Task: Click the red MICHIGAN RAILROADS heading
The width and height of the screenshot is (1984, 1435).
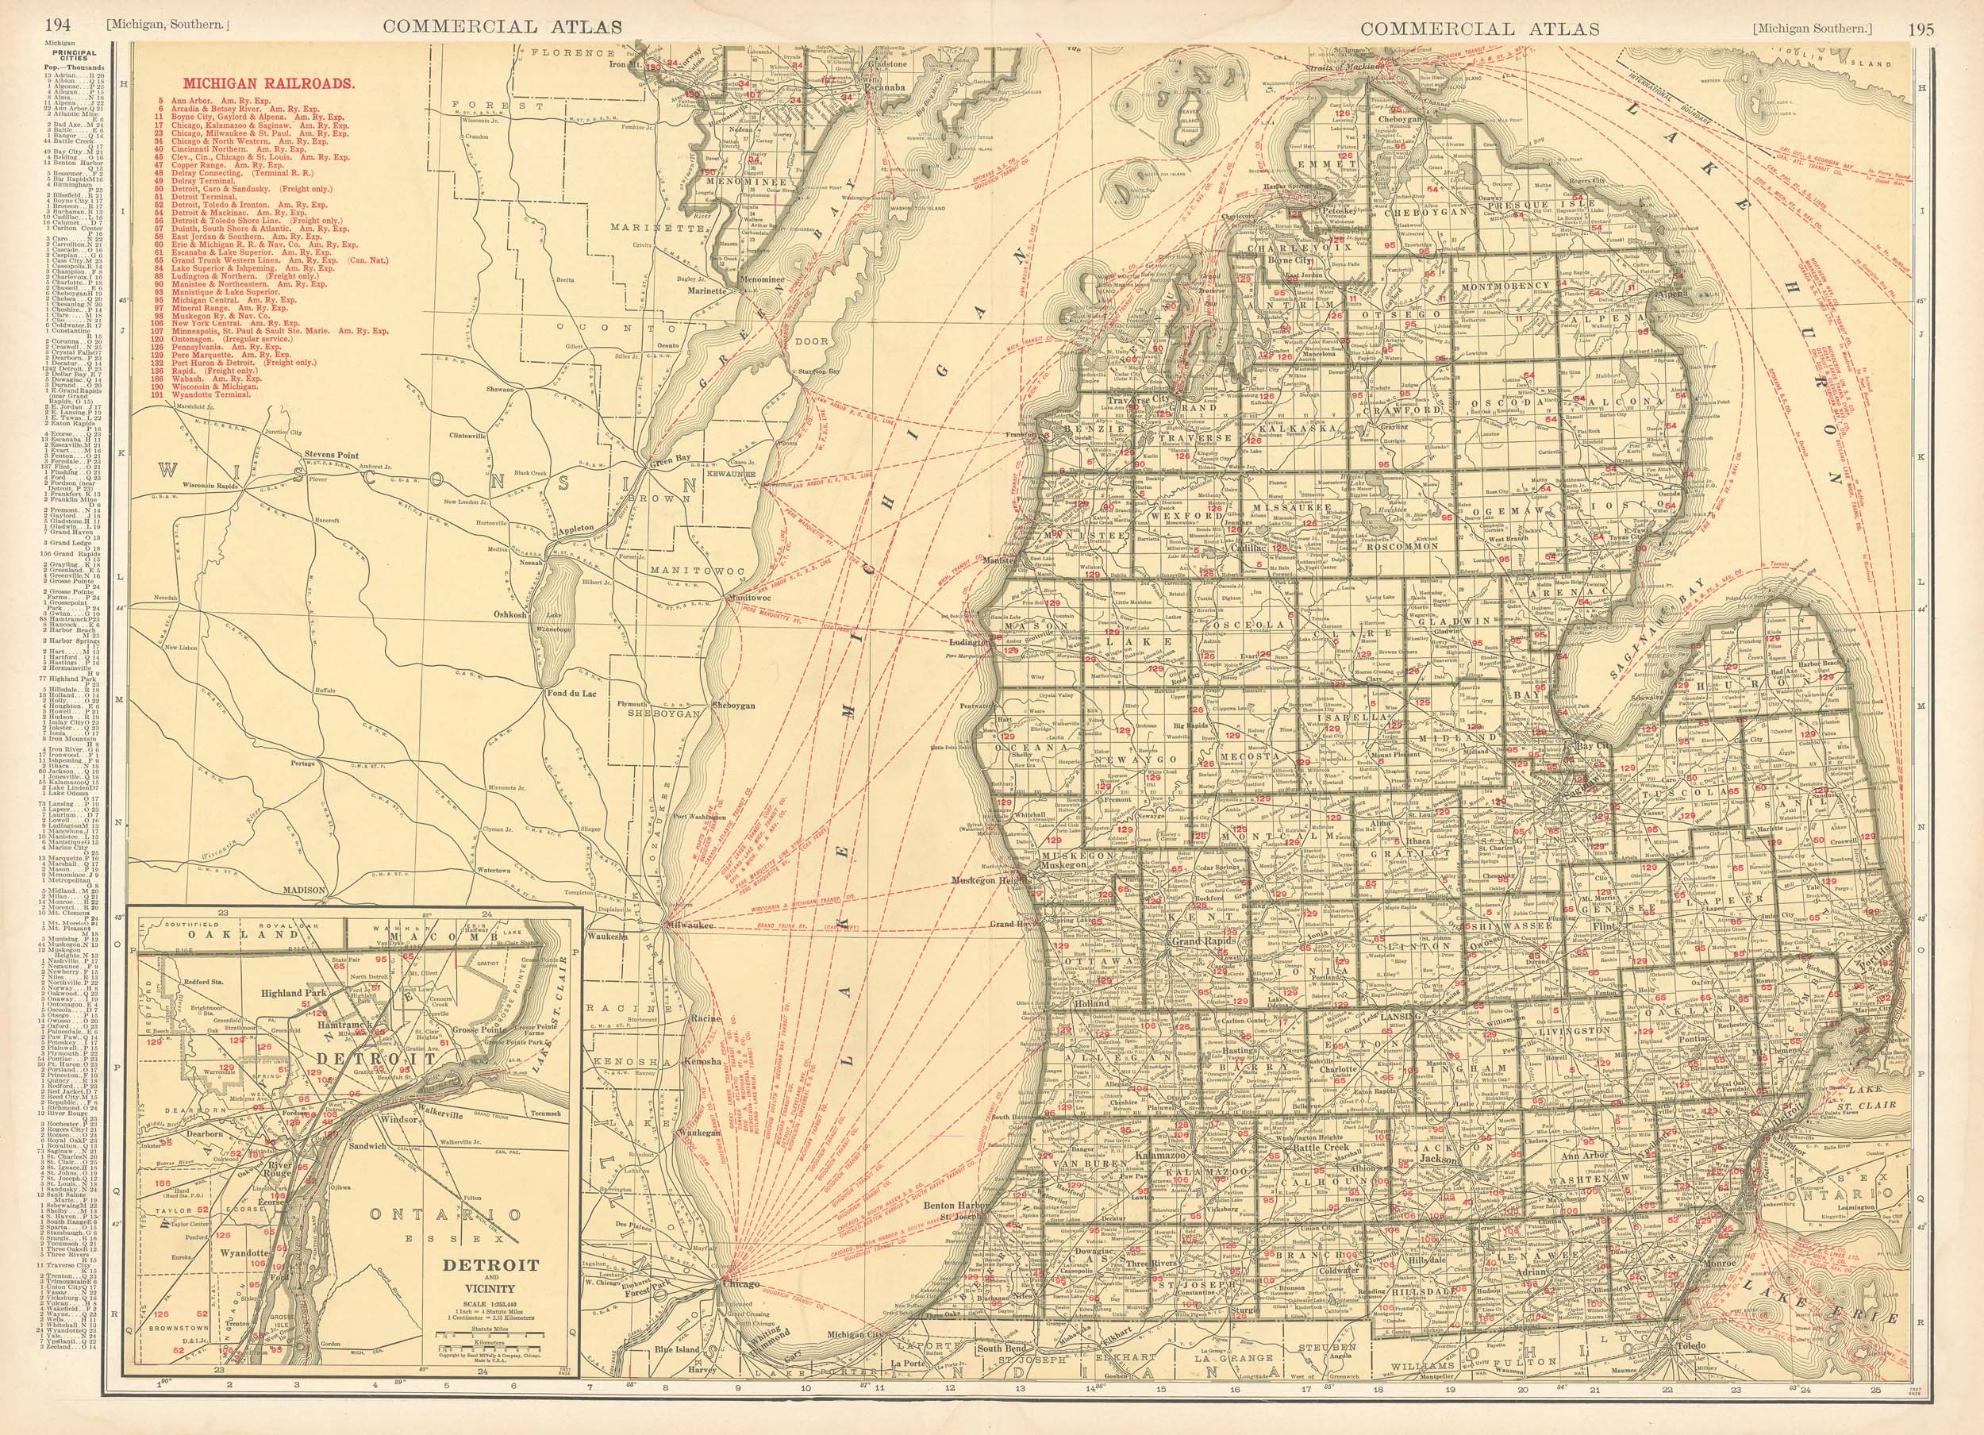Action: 267,84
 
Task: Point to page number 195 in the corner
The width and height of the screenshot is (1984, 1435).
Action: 1923,28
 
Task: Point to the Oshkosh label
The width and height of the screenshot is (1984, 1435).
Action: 510,614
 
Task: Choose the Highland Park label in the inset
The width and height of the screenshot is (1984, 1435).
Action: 291,994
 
